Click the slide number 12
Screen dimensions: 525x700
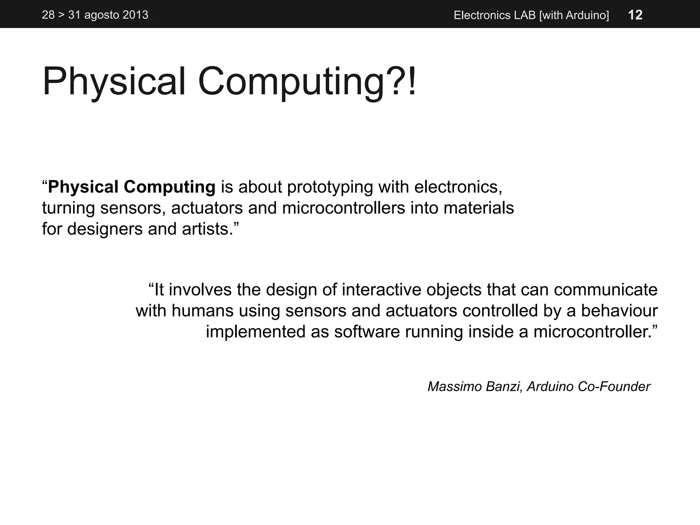tap(635, 15)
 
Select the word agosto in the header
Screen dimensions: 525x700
tap(101, 15)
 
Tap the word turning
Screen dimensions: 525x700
tap(68, 208)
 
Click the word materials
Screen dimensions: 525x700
tap(479, 208)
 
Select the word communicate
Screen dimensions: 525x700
tap(605, 290)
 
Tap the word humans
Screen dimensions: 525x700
tap(202, 311)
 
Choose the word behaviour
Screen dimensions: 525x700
tap(619, 311)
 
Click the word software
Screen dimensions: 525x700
tap(367, 332)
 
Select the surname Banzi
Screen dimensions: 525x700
tap(504, 387)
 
